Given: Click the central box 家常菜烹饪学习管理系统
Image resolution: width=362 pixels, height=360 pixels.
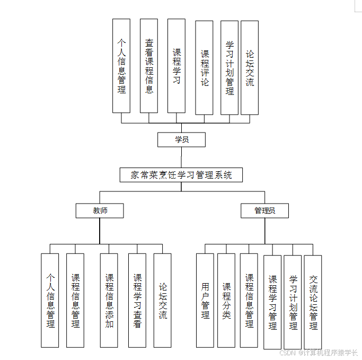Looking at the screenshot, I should point(181,175).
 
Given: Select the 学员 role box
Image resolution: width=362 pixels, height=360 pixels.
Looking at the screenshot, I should point(181,139).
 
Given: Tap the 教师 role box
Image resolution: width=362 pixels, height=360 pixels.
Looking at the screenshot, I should point(100,210).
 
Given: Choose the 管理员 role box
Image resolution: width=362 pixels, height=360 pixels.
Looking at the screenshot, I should point(264,210).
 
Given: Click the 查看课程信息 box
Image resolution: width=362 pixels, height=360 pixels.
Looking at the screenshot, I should point(149,66).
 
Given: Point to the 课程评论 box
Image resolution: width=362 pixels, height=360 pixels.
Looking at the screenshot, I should point(204,68).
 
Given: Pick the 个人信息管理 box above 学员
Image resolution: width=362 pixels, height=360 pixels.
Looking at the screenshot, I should point(121,66).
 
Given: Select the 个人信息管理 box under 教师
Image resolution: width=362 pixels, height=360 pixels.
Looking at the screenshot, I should point(50,300).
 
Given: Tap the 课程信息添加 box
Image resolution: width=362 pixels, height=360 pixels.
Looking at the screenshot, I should point(109,300).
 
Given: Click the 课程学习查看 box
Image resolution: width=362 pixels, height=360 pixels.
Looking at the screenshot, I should point(137,300).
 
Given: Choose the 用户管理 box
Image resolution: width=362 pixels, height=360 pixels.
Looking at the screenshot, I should point(205,300).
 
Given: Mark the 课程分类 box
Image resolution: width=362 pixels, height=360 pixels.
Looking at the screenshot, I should point(226,300).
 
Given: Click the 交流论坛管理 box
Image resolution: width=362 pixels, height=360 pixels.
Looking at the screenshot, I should point(313,302).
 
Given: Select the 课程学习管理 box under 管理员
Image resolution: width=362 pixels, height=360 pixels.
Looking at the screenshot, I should point(272,302).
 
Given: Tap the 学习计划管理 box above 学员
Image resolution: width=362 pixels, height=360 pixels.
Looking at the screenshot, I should point(229,68).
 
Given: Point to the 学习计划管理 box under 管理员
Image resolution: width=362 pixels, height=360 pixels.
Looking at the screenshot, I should point(293,302).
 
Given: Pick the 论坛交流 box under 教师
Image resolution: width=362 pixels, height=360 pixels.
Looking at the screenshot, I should point(163,300).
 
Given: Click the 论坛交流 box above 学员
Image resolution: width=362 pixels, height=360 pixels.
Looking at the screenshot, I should point(250,68).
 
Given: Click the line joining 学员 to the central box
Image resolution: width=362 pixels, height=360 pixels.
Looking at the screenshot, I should point(181,157).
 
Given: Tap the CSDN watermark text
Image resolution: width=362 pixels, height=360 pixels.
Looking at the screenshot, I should point(319,352).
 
